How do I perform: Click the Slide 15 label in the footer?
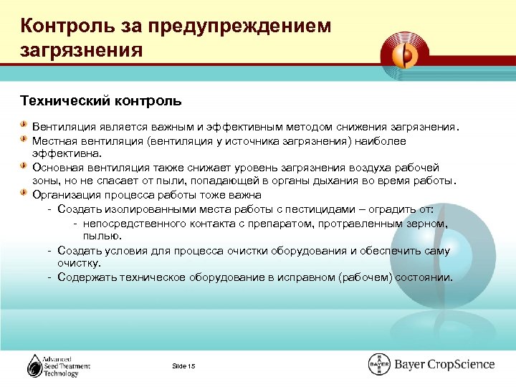point(183,366)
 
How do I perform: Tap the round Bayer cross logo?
point(378,364)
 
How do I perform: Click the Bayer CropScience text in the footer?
point(444,364)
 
